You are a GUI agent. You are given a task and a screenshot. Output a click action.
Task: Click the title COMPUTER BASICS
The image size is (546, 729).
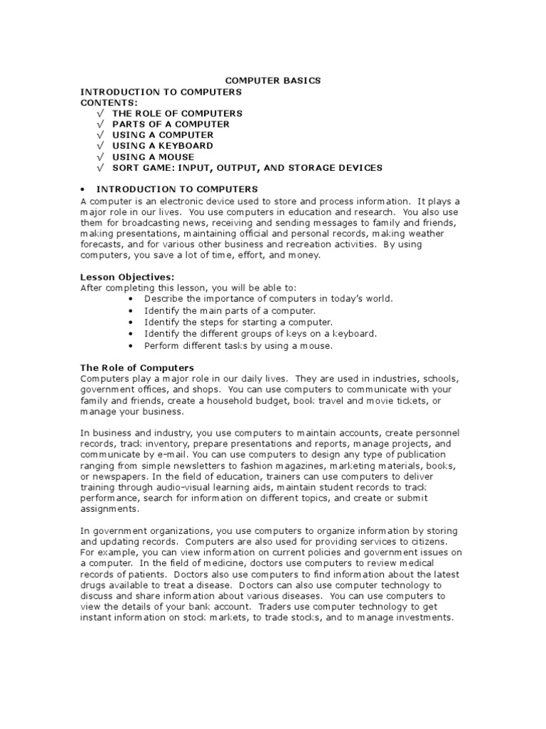[273, 80]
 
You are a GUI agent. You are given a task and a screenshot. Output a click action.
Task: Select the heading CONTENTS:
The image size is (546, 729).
[109, 103]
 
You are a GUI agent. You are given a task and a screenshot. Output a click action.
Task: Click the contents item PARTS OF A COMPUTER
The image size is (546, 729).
[171, 124]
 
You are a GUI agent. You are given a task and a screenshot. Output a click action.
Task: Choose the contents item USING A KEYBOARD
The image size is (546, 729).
[163, 146]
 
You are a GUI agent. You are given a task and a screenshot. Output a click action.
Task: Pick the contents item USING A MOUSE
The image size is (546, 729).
[153, 157]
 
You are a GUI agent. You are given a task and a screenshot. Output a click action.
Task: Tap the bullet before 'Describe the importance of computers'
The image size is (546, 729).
[132, 299]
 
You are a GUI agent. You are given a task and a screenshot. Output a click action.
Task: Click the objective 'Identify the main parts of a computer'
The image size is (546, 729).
[229, 311]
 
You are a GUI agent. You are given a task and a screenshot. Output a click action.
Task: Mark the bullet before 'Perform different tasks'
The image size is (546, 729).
[132, 346]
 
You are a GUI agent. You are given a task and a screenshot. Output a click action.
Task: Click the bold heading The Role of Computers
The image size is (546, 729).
[137, 367]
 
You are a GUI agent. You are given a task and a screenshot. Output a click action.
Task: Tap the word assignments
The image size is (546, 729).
[109, 509]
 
